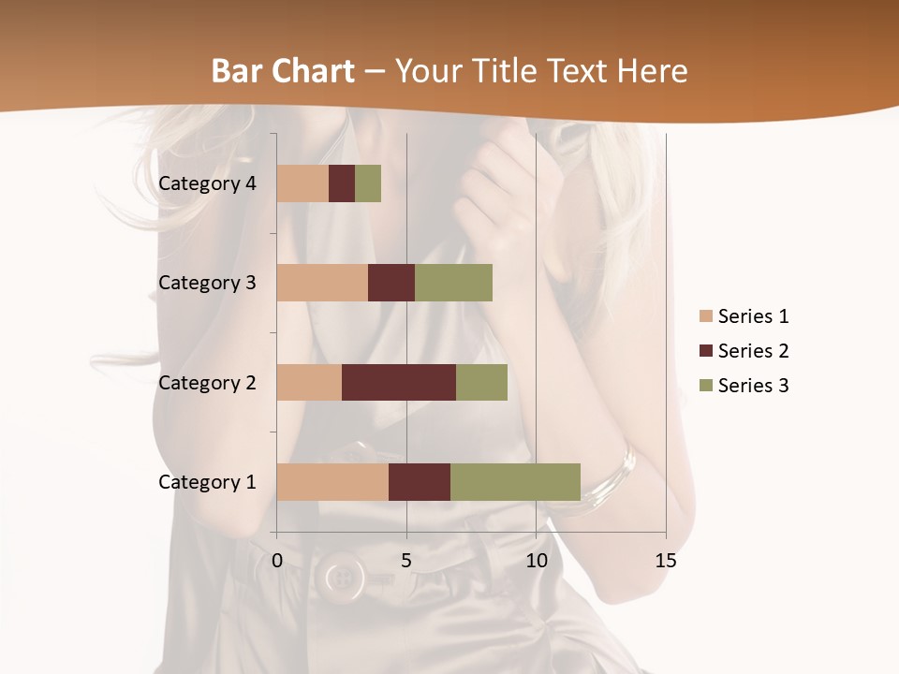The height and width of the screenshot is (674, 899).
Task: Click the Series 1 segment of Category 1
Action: click(x=332, y=481)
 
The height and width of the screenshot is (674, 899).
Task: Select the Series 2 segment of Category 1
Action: click(x=420, y=481)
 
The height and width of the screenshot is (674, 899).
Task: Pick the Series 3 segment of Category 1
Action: click(x=515, y=481)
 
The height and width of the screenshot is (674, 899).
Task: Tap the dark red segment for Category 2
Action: click(x=399, y=382)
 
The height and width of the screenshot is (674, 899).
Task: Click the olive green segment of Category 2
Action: click(x=481, y=382)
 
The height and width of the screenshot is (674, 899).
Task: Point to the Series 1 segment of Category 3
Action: click(x=322, y=283)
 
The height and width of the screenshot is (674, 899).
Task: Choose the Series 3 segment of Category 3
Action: click(x=453, y=283)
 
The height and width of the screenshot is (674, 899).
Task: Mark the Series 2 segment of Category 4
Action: click(x=342, y=183)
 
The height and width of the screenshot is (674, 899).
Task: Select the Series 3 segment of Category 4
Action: click(x=368, y=183)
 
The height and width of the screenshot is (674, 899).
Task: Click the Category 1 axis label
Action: click(x=207, y=482)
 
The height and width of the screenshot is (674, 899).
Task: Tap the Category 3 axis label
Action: click(x=207, y=283)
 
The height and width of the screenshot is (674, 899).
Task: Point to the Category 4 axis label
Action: click(x=207, y=183)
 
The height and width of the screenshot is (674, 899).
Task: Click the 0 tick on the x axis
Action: click(x=277, y=561)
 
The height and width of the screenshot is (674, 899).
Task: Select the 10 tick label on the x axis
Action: click(x=536, y=561)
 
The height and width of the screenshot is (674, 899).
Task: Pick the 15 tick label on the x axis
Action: click(x=666, y=561)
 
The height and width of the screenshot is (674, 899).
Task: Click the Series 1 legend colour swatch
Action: click(x=706, y=316)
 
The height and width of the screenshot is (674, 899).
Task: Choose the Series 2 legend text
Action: click(x=753, y=351)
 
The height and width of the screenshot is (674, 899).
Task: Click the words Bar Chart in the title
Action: click(x=283, y=71)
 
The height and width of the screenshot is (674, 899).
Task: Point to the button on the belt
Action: click(x=344, y=575)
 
